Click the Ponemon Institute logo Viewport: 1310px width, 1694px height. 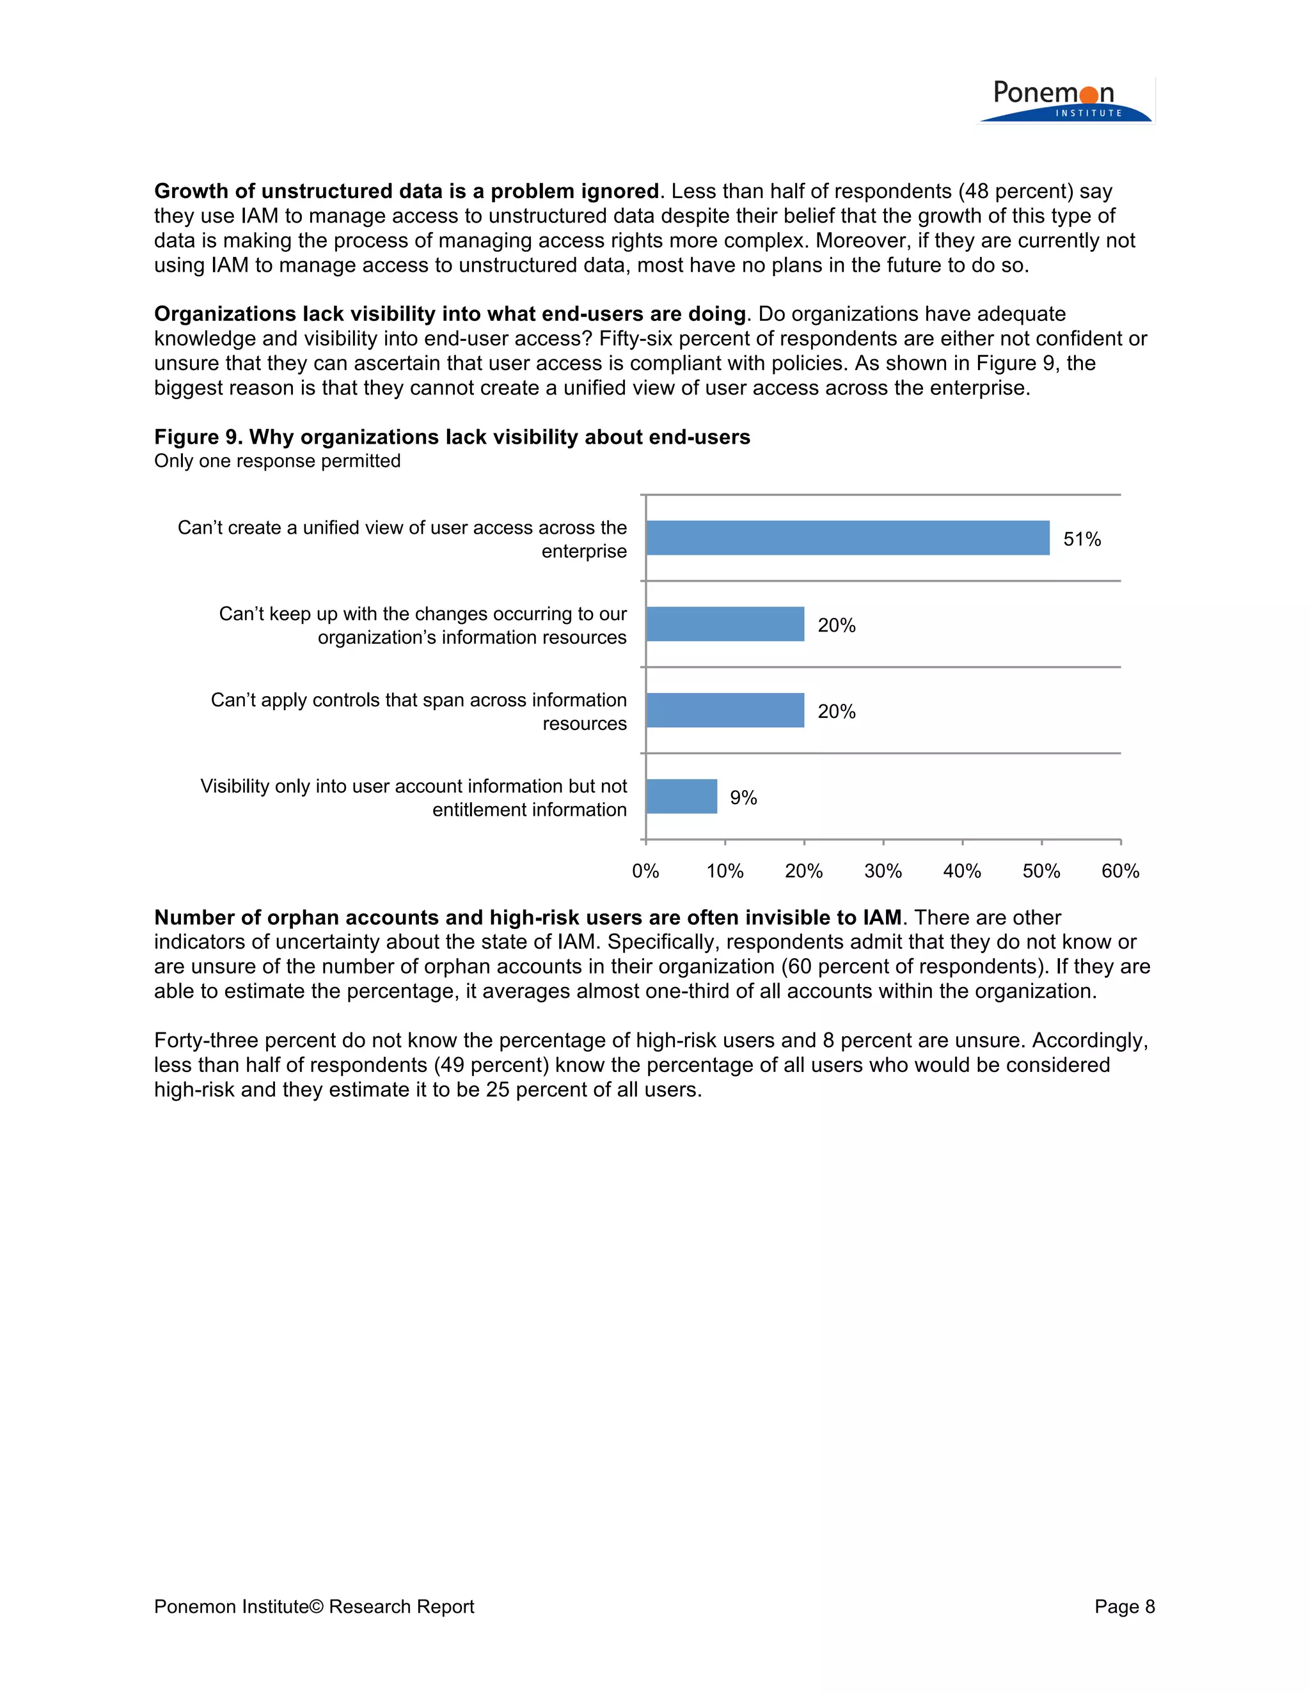click(1065, 102)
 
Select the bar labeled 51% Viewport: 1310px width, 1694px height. click(847, 538)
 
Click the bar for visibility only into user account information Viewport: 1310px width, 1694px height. click(681, 796)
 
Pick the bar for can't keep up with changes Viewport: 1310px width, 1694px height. click(725, 624)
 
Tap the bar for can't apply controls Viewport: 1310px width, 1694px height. click(725, 710)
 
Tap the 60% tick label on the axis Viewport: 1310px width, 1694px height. click(1120, 871)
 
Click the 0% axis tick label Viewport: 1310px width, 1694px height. click(645, 871)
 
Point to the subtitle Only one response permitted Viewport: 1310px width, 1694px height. click(277, 461)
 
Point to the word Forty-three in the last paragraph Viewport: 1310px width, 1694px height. click(206, 1040)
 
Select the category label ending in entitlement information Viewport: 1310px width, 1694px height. click(414, 797)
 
